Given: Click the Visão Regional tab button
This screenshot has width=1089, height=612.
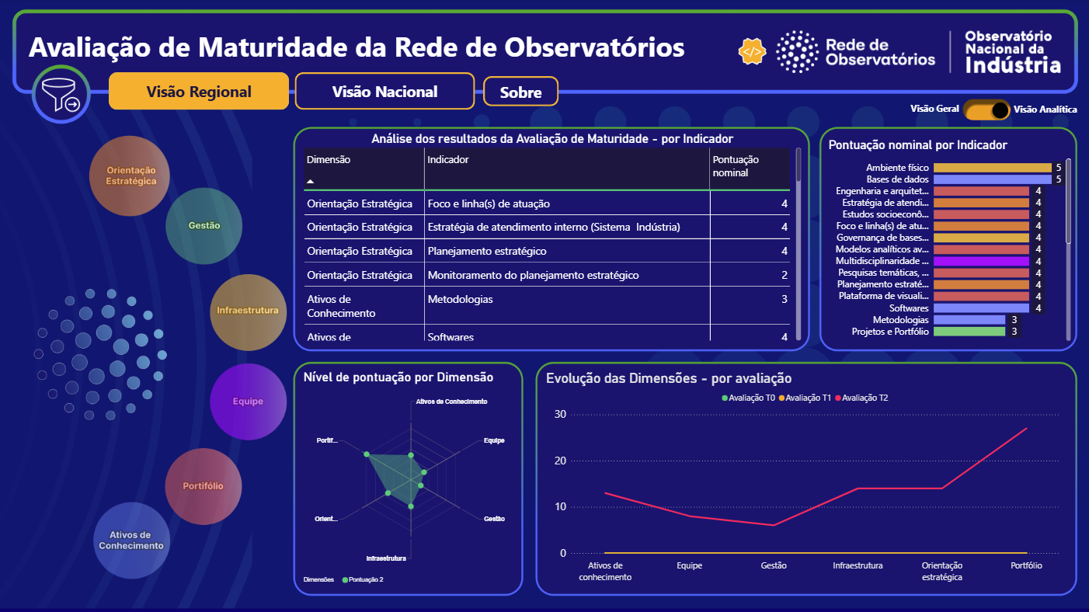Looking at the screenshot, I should (x=199, y=92).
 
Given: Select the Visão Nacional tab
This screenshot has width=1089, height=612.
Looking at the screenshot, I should (x=384, y=92).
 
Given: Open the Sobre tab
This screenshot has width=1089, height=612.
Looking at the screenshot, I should (x=520, y=92).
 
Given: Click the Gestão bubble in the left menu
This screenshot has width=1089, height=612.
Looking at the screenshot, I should (x=204, y=225).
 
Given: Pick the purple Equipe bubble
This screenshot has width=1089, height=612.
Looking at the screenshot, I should (x=248, y=402).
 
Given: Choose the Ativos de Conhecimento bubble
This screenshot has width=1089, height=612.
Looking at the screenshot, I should (x=131, y=541).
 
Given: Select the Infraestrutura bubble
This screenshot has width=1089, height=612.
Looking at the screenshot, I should (x=248, y=311).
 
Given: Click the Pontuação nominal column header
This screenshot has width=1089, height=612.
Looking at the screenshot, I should (x=735, y=166).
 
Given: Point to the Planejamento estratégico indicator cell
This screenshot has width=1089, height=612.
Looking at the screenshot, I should (x=487, y=252).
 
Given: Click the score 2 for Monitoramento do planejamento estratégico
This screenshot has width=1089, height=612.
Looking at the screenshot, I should (x=785, y=276).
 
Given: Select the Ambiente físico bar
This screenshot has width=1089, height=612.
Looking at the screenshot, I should (x=992, y=168).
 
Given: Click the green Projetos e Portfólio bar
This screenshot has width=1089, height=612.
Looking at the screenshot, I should (x=969, y=332).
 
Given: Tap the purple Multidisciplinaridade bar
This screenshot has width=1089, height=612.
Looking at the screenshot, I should (x=981, y=262).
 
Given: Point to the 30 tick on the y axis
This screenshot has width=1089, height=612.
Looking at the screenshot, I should (x=560, y=414).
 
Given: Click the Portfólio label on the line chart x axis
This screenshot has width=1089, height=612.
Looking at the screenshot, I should (x=1026, y=565).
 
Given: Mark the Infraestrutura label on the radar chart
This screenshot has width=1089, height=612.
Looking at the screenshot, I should (x=386, y=558).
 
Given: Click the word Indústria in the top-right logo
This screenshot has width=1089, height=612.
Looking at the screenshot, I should (x=1013, y=65).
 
